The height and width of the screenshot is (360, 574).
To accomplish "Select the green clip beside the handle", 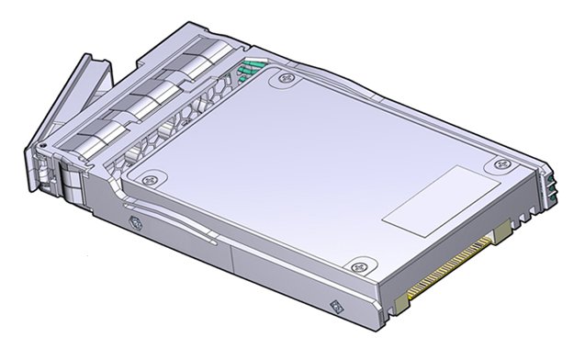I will [249, 68].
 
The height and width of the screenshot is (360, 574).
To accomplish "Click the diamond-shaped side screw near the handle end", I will [137, 221].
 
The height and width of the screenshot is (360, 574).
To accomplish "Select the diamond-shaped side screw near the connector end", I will [334, 305].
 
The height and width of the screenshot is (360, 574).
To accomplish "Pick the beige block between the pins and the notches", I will [502, 238].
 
